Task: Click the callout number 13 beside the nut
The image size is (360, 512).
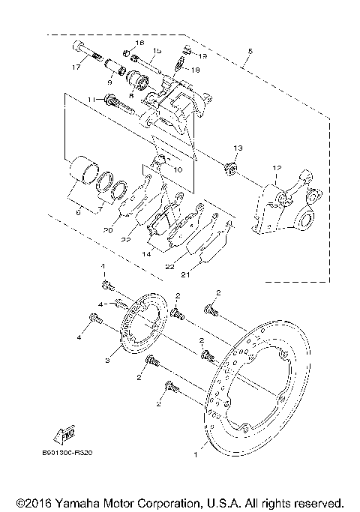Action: click(238, 148)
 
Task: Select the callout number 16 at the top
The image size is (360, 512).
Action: click(139, 43)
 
